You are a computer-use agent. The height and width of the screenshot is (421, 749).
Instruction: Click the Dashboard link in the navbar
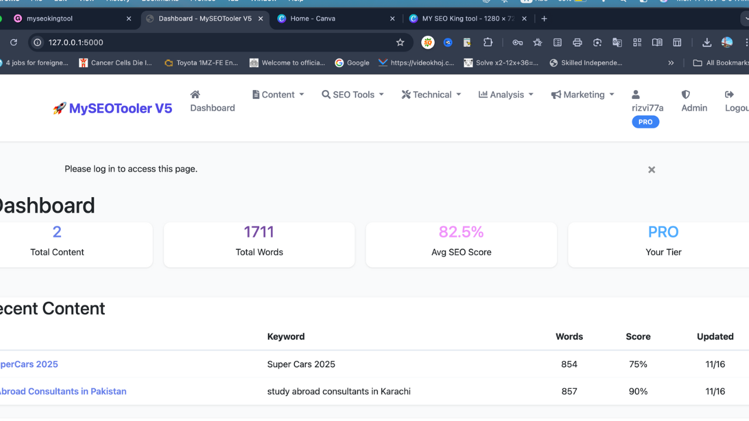pyautogui.click(x=212, y=101)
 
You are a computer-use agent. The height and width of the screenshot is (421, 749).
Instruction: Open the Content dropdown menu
pyautogui.click(x=279, y=95)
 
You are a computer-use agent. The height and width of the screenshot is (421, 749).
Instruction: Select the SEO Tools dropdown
pyautogui.click(x=353, y=95)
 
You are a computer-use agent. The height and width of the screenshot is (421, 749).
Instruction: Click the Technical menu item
pyautogui.click(x=431, y=95)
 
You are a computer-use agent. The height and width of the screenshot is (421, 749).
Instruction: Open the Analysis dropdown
pyautogui.click(x=506, y=95)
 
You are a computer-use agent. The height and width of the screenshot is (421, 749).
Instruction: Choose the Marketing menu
pyautogui.click(x=583, y=95)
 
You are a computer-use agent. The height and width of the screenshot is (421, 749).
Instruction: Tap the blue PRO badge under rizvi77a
pyautogui.click(x=645, y=122)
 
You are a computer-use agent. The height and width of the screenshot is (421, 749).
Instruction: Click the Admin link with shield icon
pyautogui.click(x=694, y=101)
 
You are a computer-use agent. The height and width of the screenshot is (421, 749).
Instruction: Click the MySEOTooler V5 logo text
pyautogui.click(x=120, y=108)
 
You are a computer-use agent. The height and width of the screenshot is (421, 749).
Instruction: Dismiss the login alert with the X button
pyautogui.click(x=651, y=170)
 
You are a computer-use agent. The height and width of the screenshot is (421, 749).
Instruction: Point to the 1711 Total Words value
pyautogui.click(x=259, y=232)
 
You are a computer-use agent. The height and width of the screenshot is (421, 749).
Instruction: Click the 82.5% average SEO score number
pyautogui.click(x=461, y=232)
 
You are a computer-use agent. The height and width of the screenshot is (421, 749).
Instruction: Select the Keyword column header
pyautogui.click(x=286, y=336)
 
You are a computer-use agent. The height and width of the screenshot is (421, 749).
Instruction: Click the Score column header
pyautogui.click(x=638, y=336)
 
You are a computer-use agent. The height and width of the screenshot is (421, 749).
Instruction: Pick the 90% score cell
pyautogui.click(x=638, y=391)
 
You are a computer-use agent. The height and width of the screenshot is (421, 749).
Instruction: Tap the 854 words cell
pyautogui.click(x=569, y=364)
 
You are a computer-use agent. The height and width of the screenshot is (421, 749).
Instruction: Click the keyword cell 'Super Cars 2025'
pyautogui.click(x=301, y=364)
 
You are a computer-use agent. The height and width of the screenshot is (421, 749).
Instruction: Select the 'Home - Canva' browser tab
pyautogui.click(x=312, y=19)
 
